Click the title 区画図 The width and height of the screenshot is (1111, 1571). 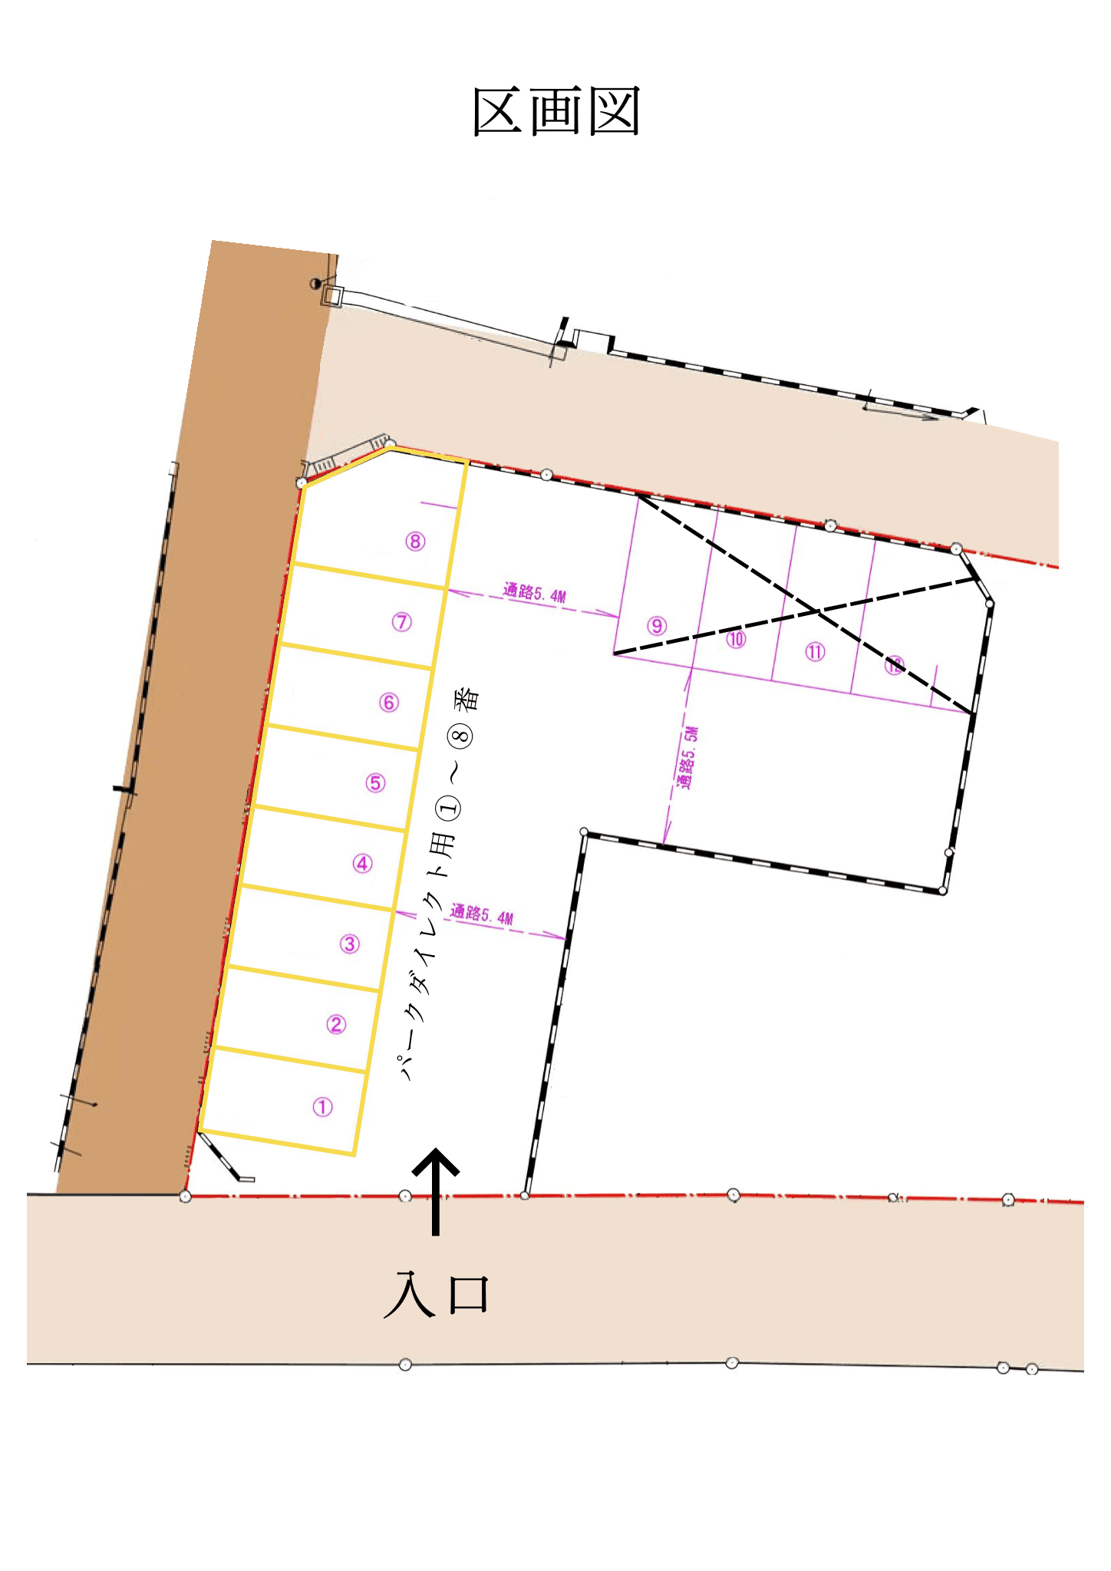pos(556,112)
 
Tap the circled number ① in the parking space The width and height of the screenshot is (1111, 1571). pos(322,1107)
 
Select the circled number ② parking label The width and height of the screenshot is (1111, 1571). pos(336,1024)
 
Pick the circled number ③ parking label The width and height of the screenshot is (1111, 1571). pos(350,944)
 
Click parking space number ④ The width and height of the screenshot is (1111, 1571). pos(363,864)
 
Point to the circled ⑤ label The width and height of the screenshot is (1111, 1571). pos(376,782)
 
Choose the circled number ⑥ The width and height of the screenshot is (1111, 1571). pos(389,702)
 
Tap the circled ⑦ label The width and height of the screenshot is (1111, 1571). pos(402,622)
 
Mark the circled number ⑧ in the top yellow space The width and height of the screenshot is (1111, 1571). pos(415,542)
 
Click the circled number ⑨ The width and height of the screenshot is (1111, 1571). pos(657,626)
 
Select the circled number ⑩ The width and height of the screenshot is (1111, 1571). pos(737,639)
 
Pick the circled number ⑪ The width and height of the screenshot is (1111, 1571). pos(815,652)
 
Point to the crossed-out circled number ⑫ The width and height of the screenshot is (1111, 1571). pos(894,665)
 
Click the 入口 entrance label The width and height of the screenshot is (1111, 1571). pos(437,1295)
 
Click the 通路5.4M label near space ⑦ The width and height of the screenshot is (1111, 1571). pos(535,592)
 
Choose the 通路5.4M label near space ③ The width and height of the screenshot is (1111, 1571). pos(482,914)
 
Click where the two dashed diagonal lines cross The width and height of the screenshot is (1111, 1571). pos(817,611)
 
